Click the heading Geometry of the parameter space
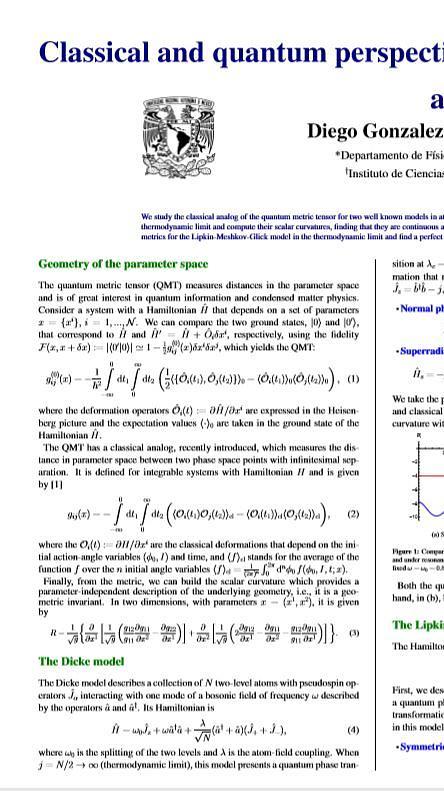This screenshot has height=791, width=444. [109, 264]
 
